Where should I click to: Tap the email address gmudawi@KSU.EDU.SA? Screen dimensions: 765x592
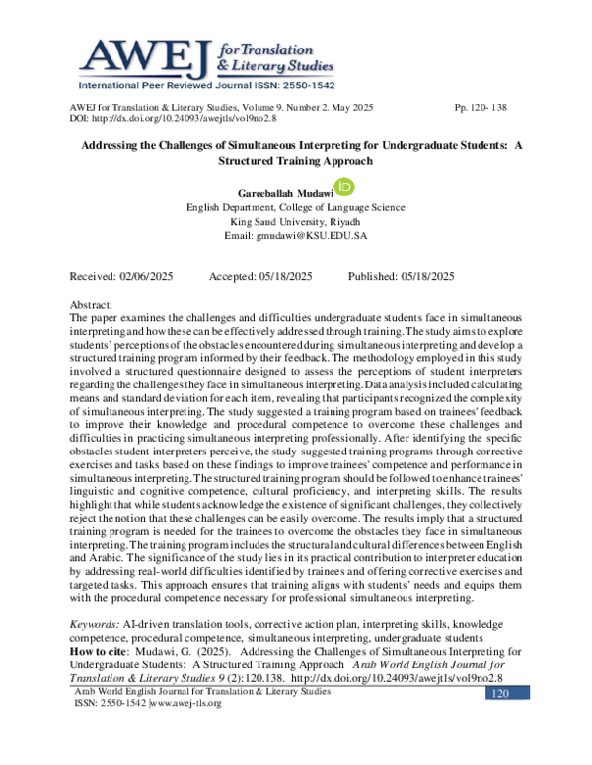(x=296, y=237)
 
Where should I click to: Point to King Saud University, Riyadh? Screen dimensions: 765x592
(x=296, y=222)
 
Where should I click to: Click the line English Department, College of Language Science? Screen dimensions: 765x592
(x=296, y=208)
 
